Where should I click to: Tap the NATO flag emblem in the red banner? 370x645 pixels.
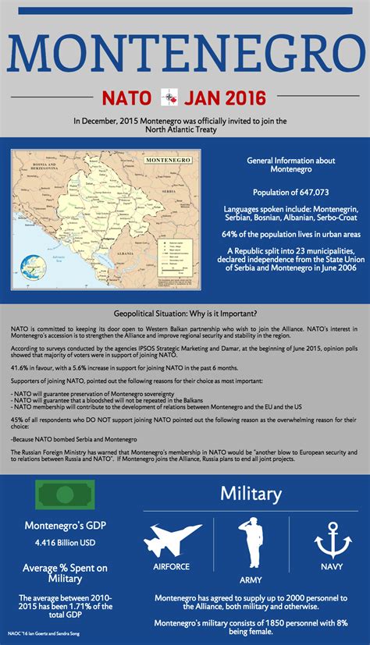point(167,97)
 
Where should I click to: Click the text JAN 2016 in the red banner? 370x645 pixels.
point(225,97)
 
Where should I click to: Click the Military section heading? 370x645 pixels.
point(251,493)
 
